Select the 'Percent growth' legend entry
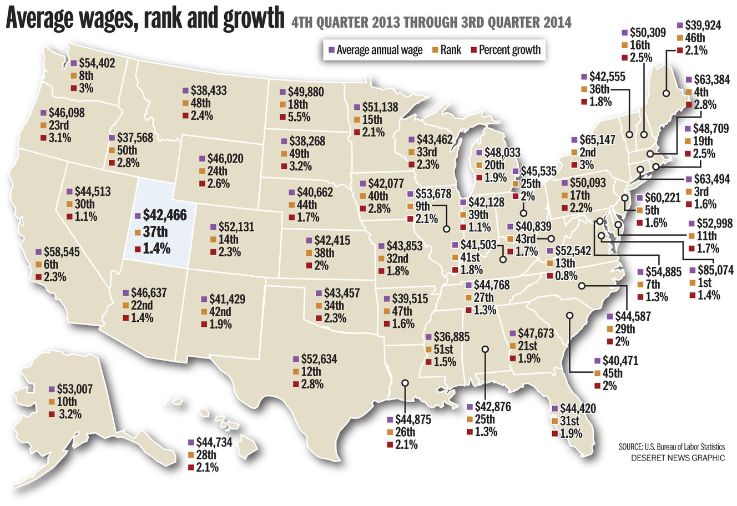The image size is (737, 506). tap(506, 50)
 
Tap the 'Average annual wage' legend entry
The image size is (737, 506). tap(376, 50)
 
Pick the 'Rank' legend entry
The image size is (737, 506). tap(447, 50)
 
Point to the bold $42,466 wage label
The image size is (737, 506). tap(165, 215)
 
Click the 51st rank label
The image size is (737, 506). tap(443, 349)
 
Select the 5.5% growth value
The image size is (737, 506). tap(299, 117)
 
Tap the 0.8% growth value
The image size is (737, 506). tap(566, 276)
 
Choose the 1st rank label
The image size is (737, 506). tap(704, 282)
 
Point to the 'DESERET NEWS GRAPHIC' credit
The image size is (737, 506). tap(678, 458)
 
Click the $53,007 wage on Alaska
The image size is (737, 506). tap(75, 389)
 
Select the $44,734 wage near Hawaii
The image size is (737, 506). tap(214, 443)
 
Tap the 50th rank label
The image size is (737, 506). tap(127, 150)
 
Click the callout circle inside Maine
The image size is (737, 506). tap(666, 93)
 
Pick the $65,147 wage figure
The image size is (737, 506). tap(597, 140)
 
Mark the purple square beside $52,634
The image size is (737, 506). tap(296, 359)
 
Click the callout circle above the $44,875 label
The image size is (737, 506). tap(405, 383)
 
